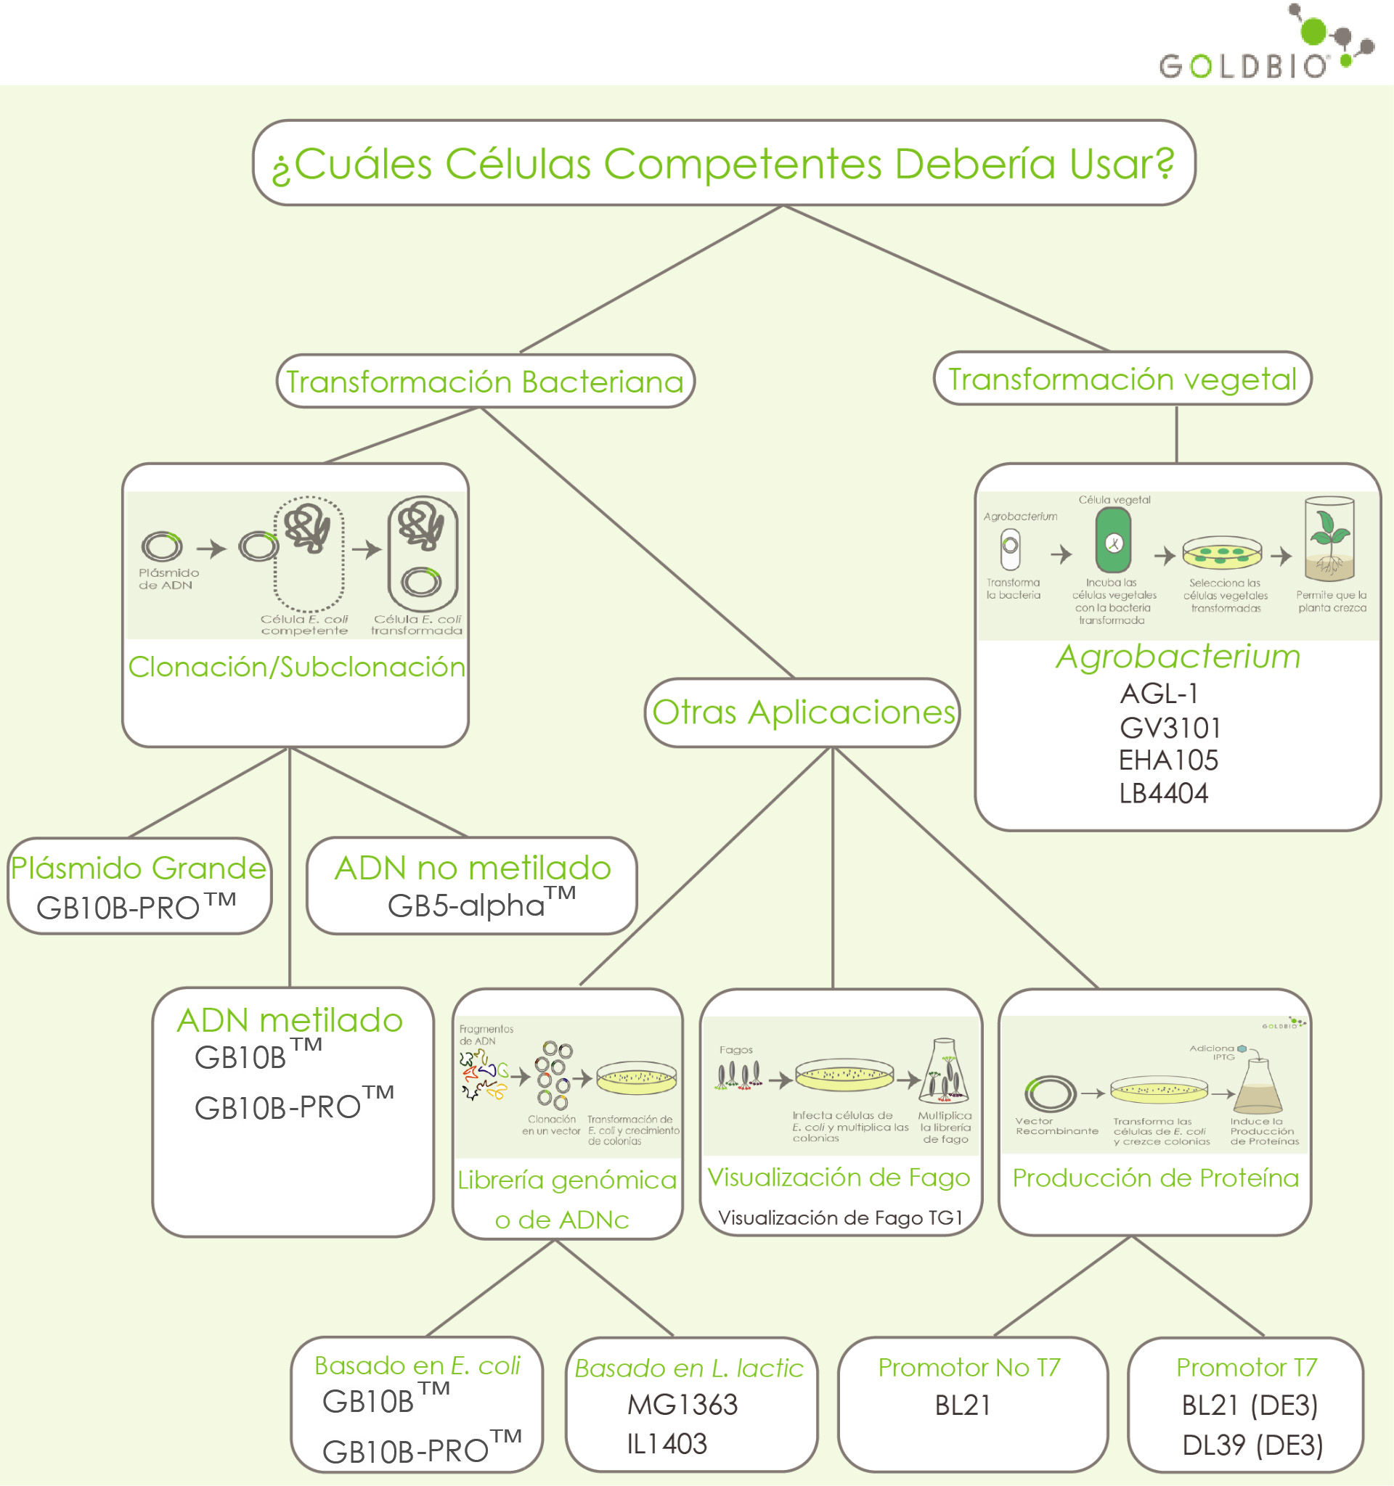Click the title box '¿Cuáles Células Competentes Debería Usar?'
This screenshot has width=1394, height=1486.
(x=723, y=163)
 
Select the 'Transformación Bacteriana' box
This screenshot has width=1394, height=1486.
(x=485, y=381)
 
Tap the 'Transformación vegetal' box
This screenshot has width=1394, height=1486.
(x=1122, y=379)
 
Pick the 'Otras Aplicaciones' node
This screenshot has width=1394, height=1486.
(x=802, y=713)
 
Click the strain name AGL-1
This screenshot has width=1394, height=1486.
(x=1159, y=694)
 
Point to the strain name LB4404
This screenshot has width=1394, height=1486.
(x=1163, y=793)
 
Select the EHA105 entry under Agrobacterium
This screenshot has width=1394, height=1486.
(x=1167, y=760)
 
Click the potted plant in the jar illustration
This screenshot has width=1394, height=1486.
(x=1329, y=539)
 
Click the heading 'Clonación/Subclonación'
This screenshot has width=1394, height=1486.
(x=296, y=667)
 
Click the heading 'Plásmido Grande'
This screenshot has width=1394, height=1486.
(x=139, y=868)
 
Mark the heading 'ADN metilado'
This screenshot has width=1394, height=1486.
(x=290, y=1020)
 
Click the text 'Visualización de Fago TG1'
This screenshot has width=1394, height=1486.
(x=840, y=1218)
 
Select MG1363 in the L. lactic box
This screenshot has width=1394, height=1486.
(x=682, y=1405)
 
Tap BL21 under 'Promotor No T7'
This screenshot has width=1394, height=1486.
(x=963, y=1405)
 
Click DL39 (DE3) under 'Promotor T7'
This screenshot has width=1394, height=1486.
(x=1252, y=1445)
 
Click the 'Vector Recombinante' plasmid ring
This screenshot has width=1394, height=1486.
(x=1050, y=1093)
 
